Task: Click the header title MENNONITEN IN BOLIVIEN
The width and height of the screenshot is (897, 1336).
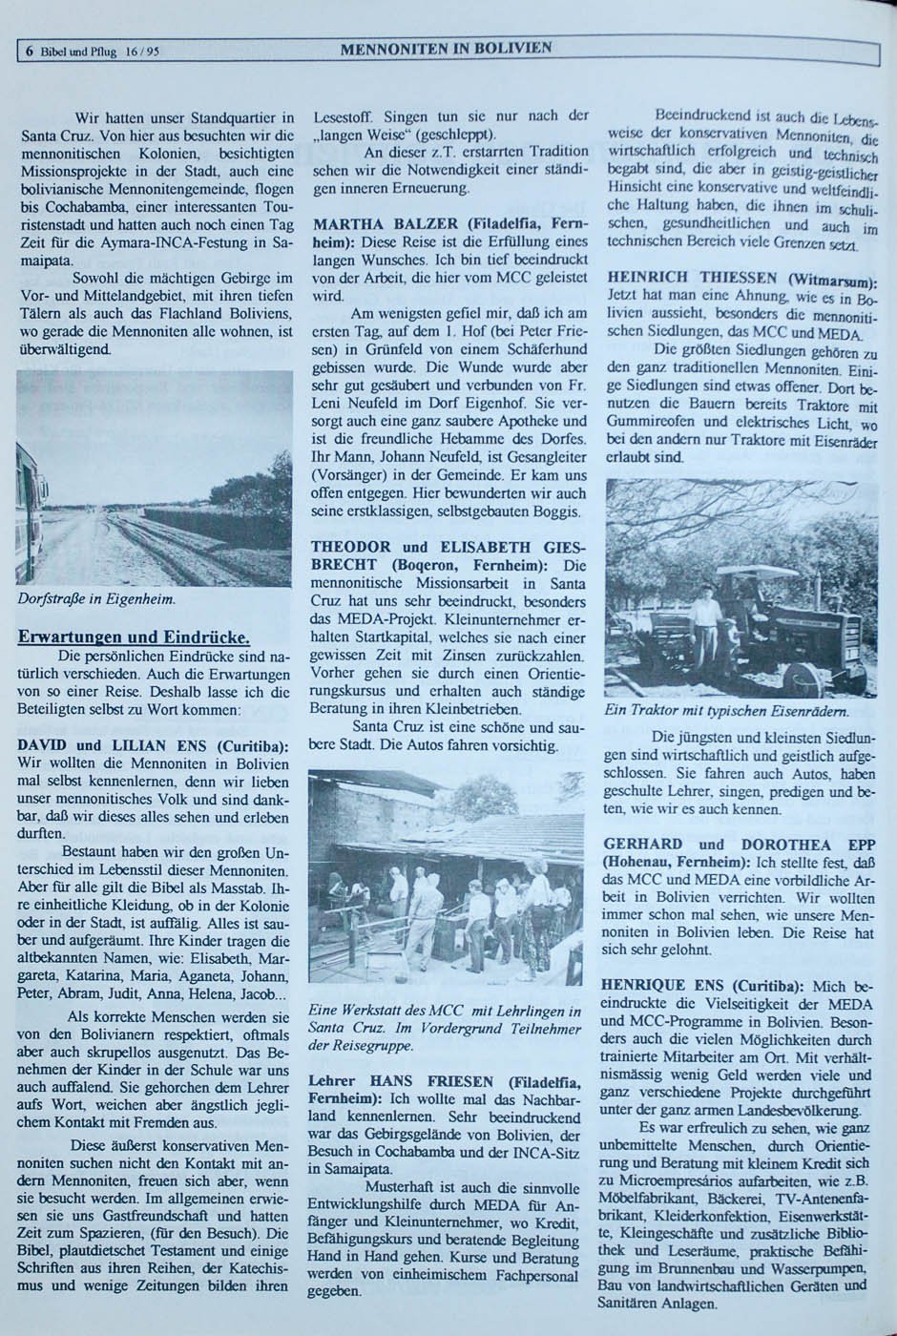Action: pyautogui.click(x=446, y=48)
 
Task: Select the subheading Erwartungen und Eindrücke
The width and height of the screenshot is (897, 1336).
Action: pyautogui.click(x=134, y=637)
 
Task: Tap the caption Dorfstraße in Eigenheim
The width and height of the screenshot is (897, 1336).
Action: pyautogui.click(x=95, y=599)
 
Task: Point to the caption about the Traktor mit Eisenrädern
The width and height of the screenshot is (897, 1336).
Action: pyautogui.click(x=726, y=711)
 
